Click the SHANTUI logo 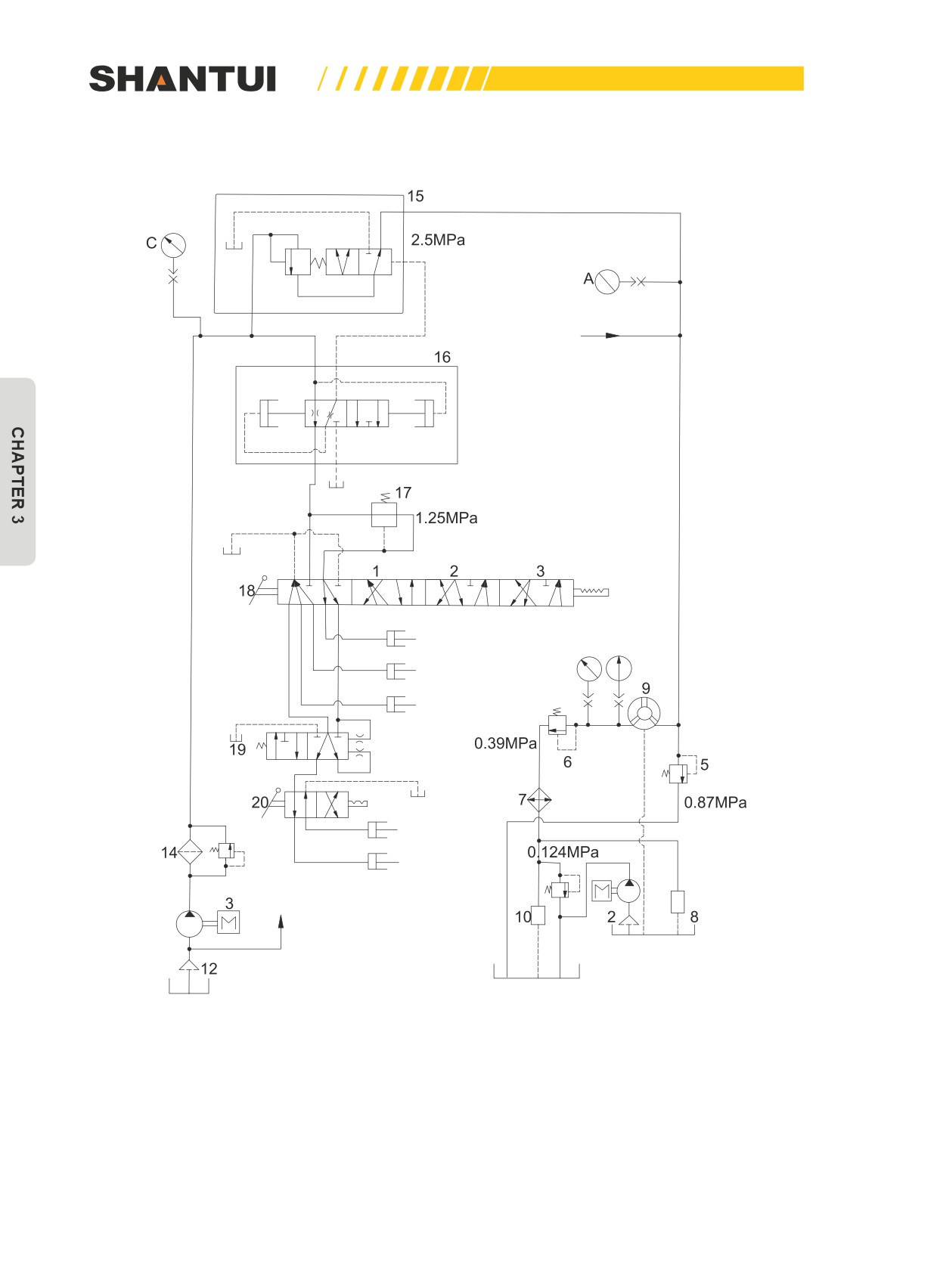tap(182, 79)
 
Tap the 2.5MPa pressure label tap(438, 240)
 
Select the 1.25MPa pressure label tap(446, 518)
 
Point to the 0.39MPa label tap(505, 743)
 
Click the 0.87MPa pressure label tap(715, 802)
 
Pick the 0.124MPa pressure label tap(563, 851)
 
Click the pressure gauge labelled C tap(173, 245)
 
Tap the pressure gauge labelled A tap(607, 281)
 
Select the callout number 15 tap(415, 197)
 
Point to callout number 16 tap(442, 357)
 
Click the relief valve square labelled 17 tap(384, 515)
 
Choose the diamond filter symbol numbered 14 tap(190, 851)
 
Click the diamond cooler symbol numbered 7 tap(538, 800)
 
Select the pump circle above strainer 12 tap(190, 924)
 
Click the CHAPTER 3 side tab tap(17, 472)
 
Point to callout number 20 tap(260, 802)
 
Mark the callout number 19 tap(237, 749)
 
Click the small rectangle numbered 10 tap(538, 915)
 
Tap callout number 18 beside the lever tap(247, 591)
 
